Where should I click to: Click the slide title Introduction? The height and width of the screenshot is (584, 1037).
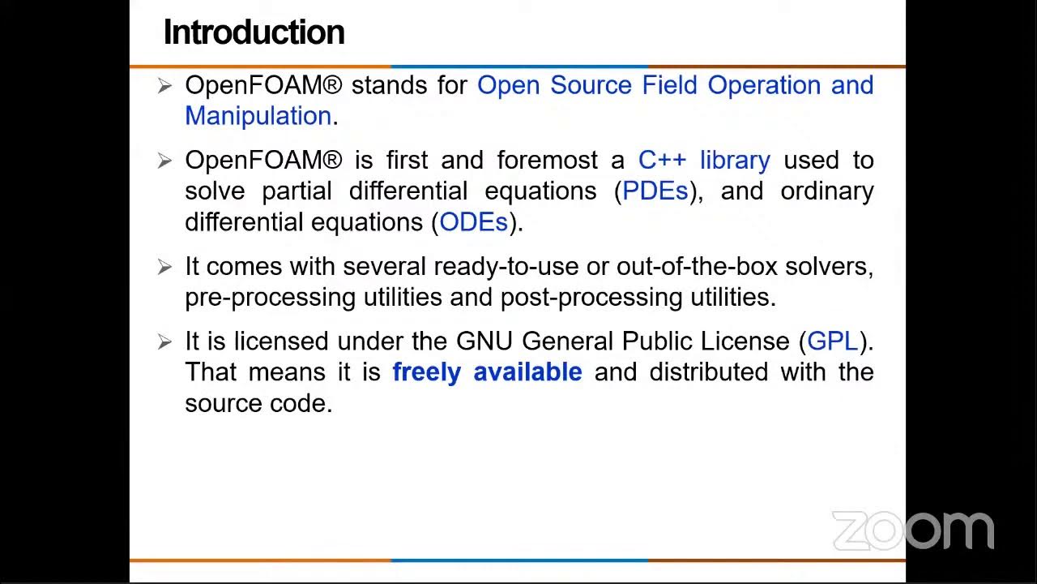coord(254,32)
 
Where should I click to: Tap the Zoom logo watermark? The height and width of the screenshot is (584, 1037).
coord(913,530)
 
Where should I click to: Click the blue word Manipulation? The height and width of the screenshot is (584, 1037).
coord(258,116)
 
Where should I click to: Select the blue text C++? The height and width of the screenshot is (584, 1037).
coord(662,160)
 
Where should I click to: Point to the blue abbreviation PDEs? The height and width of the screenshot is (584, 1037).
coord(655,191)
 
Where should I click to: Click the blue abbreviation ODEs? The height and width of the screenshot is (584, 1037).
coord(473,222)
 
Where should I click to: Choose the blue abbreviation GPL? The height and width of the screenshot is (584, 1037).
coord(832,341)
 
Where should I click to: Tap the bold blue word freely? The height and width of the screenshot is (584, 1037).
coord(426,372)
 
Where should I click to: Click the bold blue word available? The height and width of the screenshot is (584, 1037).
coord(527,372)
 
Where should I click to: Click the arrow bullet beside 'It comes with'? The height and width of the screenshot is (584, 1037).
coord(164,267)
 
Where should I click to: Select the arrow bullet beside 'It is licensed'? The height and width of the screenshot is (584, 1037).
coord(164,341)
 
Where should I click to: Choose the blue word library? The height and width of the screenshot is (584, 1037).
coord(735,160)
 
